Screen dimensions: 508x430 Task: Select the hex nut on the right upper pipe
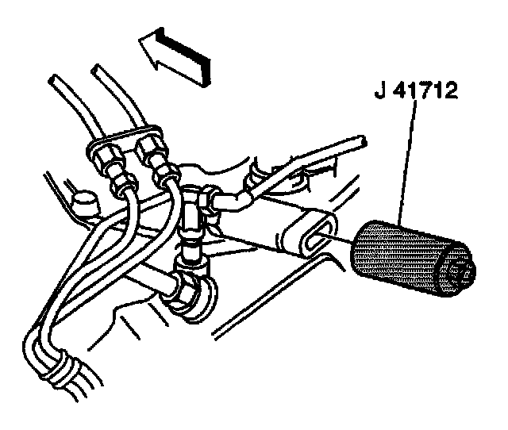[x=151, y=149]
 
